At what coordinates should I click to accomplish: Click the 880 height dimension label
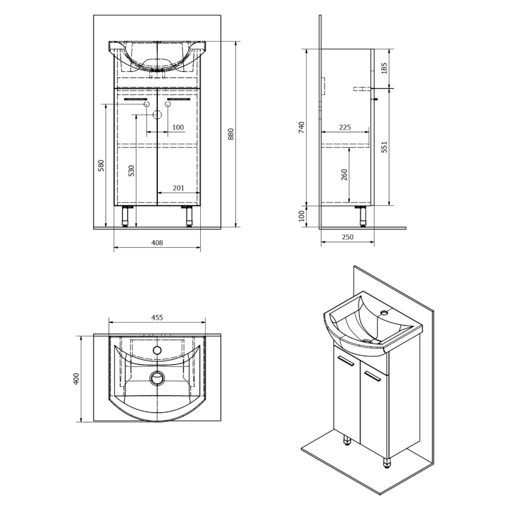tap(231, 134)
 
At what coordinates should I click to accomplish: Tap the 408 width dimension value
tap(157, 243)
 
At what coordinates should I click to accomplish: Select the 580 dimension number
tap(101, 165)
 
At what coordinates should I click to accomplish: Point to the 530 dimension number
tap(131, 171)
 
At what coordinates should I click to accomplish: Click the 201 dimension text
tap(178, 188)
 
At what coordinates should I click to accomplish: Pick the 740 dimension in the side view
tap(301, 127)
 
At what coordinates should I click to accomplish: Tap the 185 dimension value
tap(384, 68)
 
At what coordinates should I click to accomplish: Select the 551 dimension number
tap(384, 146)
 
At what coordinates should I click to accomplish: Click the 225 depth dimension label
tap(345, 127)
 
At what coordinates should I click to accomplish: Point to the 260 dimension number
tap(344, 174)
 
